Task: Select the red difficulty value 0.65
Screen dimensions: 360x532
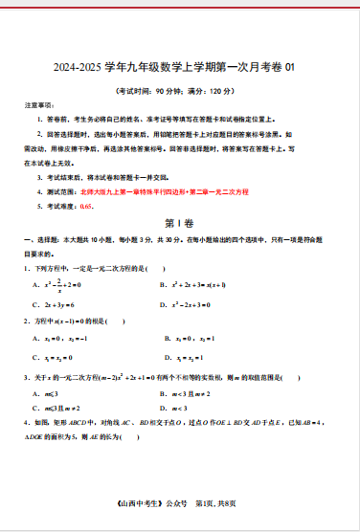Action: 86,206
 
